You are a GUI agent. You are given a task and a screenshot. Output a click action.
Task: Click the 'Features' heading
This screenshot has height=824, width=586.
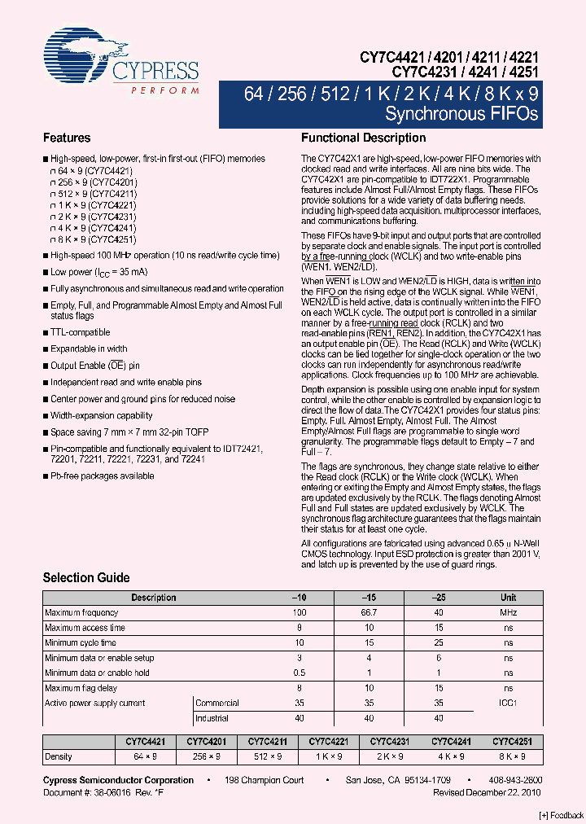(67, 138)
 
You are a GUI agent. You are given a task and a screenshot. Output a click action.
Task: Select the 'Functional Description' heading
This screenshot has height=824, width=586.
(363, 138)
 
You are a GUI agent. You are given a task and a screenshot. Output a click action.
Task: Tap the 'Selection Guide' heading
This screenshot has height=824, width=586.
(86, 578)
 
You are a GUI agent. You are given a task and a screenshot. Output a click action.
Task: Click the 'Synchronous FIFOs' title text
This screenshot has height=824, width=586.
(461, 114)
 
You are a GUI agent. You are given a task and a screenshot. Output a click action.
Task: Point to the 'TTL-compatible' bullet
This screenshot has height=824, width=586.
(80, 332)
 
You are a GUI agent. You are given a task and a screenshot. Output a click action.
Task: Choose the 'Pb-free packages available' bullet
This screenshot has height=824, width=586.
(102, 476)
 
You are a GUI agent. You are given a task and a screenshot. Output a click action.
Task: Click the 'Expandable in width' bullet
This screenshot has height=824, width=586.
(89, 348)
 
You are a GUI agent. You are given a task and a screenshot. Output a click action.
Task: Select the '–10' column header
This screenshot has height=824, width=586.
(300, 598)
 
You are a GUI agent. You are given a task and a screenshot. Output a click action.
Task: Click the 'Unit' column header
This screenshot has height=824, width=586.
(508, 598)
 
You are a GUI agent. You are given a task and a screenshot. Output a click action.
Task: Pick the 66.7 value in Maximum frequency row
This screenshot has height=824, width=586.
(369, 612)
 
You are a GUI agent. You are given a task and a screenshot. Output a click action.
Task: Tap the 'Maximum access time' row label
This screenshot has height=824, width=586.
(85, 628)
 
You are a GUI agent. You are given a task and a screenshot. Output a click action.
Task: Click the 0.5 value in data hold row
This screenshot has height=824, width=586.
(300, 673)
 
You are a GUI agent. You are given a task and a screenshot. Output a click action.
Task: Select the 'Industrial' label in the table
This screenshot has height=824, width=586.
(212, 718)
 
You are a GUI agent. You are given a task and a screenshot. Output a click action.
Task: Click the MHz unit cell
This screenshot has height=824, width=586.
(508, 612)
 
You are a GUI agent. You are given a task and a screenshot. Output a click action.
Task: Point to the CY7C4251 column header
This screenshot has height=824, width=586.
(512, 742)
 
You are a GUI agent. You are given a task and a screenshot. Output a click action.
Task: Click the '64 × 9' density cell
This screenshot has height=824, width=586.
(146, 756)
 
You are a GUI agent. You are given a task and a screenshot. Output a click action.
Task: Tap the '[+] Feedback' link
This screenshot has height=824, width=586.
(561, 815)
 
